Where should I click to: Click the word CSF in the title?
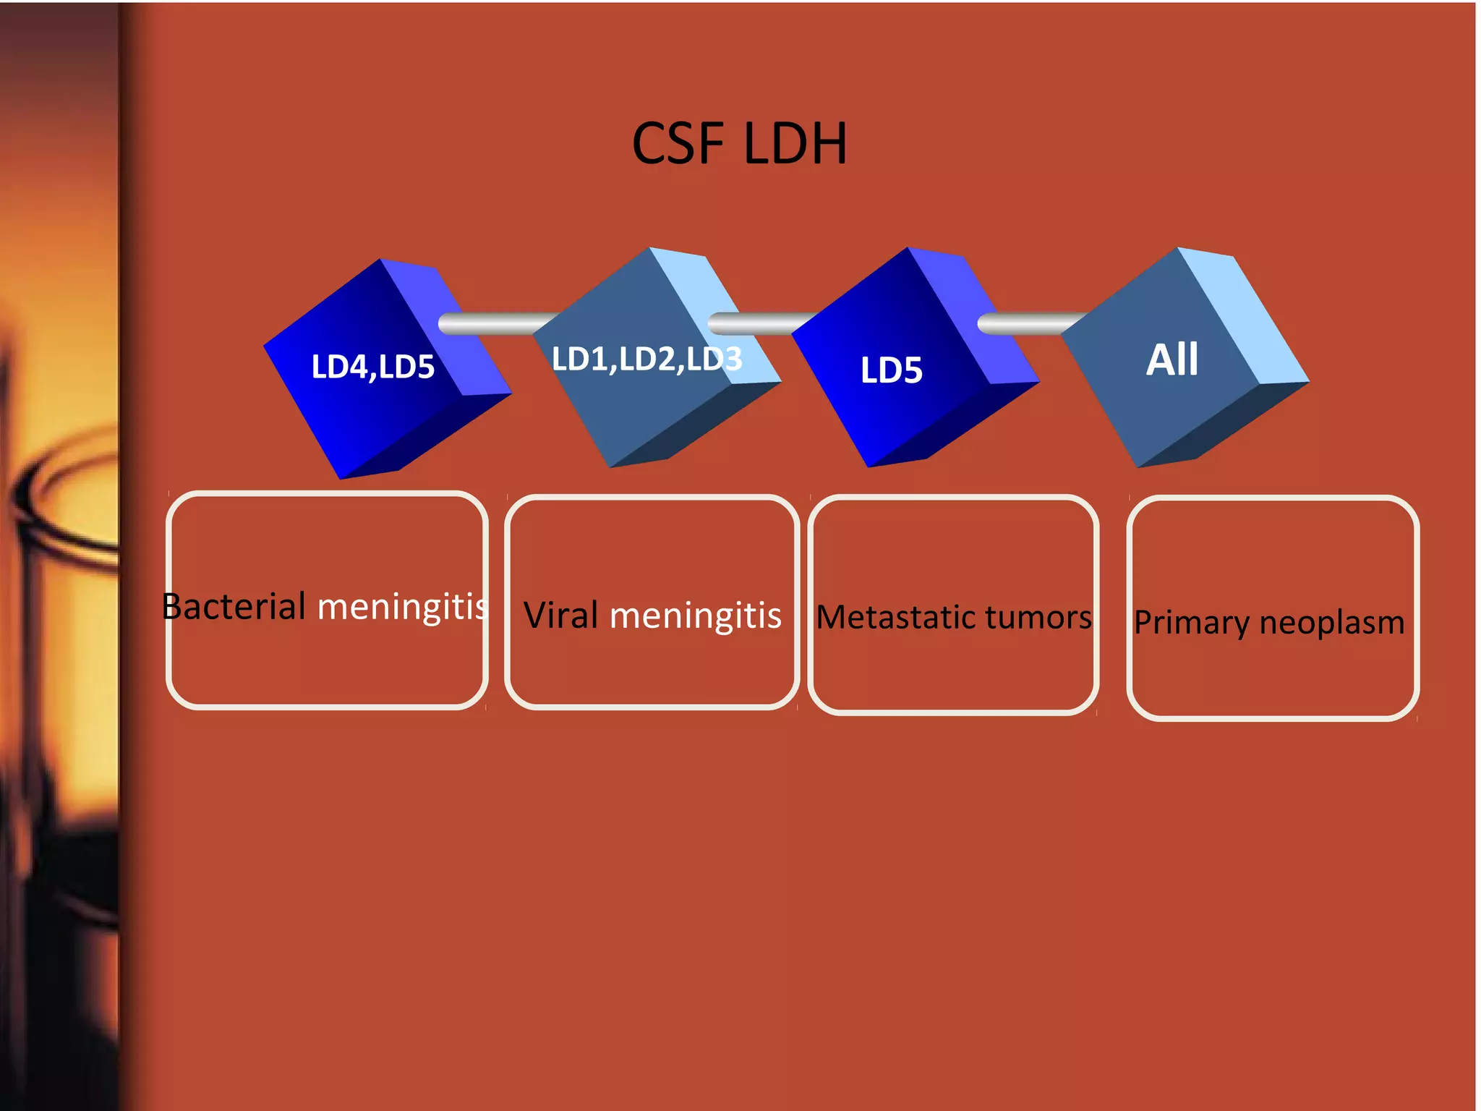pyautogui.click(x=678, y=143)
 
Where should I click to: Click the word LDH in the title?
pyautogui.click(x=795, y=143)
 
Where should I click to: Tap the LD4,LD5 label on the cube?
pyautogui.click(x=372, y=367)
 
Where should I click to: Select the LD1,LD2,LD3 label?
pyautogui.click(x=646, y=359)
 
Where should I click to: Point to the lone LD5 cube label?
pyautogui.click(x=891, y=370)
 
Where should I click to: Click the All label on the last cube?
pyautogui.click(x=1172, y=359)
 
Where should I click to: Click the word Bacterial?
pyautogui.click(x=234, y=606)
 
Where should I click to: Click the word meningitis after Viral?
pyautogui.click(x=695, y=616)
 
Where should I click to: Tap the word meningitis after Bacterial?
pyautogui.click(x=403, y=606)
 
